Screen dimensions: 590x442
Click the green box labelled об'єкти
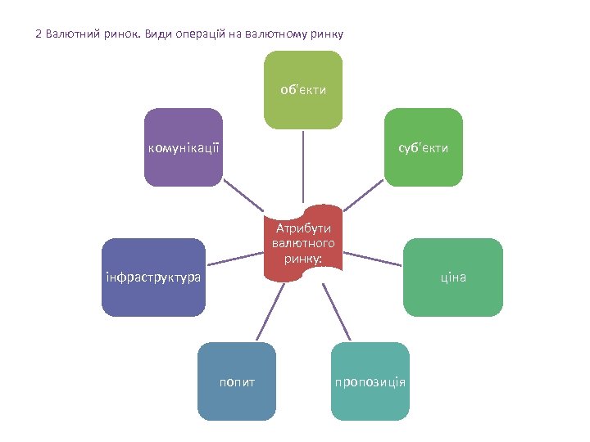point(303,90)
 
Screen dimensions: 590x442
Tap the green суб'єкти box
point(423,147)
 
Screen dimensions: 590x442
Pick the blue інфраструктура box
point(153,277)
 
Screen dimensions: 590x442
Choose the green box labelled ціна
point(453,277)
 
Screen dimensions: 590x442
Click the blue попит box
point(238,381)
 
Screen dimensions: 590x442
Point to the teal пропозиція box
point(370,381)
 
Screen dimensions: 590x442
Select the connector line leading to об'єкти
point(303,167)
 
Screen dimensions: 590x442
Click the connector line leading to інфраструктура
point(234,259)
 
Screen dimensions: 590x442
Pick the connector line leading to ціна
point(374,259)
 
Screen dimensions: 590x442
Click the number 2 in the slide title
point(39,35)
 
